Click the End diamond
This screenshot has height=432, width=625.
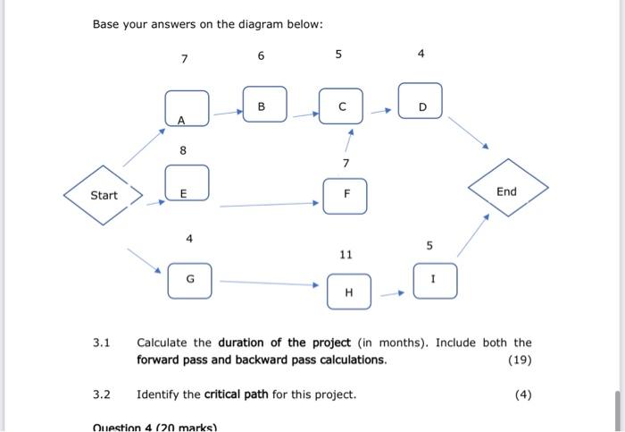[506, 191]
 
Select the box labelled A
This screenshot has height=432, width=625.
[187, 108]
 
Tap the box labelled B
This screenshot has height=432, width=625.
[265, 106]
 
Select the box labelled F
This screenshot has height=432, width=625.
[346, 195]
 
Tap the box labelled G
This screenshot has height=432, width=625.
[190, 280]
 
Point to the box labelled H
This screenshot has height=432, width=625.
[348, 291]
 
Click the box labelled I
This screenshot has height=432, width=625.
[435, 280]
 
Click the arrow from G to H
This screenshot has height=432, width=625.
[269, 284]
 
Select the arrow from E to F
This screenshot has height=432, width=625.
[269, 205]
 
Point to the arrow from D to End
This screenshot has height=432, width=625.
[466, 132]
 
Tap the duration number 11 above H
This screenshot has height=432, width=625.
[346, 255]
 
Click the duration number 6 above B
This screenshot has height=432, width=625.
[261, 55]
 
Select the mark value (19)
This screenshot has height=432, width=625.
[519, 360]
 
